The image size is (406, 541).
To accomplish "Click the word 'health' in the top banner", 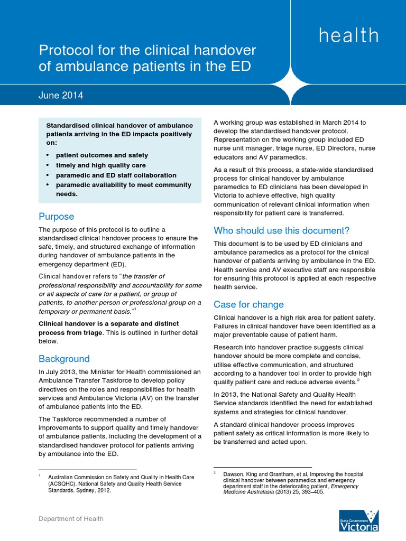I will tap(348, 35).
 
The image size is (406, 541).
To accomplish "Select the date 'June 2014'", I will tap(61, 96).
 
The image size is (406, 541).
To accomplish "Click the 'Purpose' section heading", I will tap(56, 217).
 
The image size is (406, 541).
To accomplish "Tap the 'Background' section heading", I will tap(64, 359).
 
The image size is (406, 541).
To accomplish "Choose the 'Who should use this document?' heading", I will tap(281, 230).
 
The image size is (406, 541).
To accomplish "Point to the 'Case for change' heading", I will tap(248, 304).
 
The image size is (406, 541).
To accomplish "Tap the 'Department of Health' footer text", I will tap(71, 519).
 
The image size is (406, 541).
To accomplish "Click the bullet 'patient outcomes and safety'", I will tap(101, 155).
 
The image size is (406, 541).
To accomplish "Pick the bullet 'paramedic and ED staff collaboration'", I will tap(116, 175).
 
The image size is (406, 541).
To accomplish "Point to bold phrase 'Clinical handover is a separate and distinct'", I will tap(108, 323).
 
